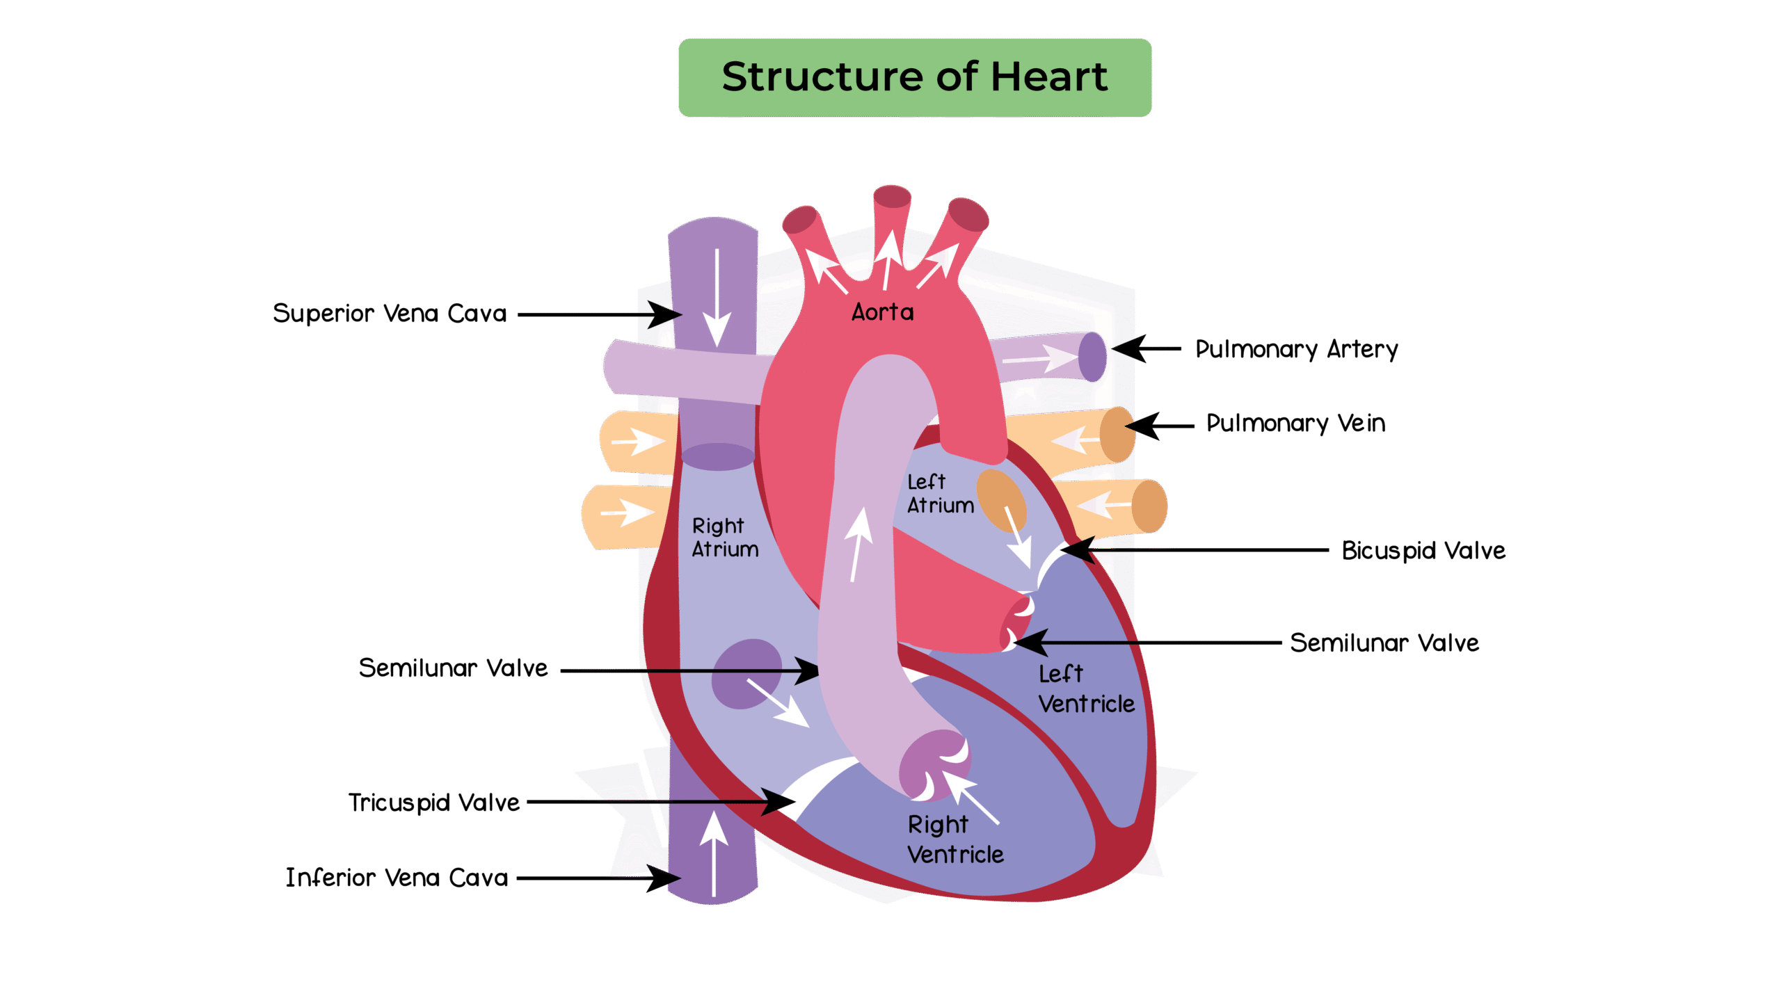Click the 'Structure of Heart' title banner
point(914,77)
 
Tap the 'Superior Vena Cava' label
point(390,314)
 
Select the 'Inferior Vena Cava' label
point(397,878)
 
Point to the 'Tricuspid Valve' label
point(433,803)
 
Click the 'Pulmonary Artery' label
point(1296,349)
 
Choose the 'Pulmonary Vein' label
point(1295,423)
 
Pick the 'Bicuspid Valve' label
point(1423,551)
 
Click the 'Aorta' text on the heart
point(882,312)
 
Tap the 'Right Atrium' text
point(724,537)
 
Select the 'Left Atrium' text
point(939,493)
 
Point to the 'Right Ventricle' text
point(955,839)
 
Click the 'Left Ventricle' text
point(1085,689)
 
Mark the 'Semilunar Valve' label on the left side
point(453,668)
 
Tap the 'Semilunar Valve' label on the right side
point(1384,643)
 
